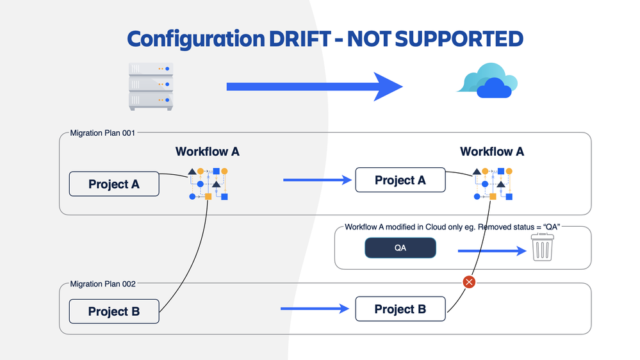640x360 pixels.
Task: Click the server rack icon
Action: pyautogui.click(x=151, y=86)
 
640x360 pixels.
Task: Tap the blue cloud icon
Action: pyautogui.click(x=488, y=81)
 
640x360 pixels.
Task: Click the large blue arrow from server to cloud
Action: pyautogui.click(x=314, y=86)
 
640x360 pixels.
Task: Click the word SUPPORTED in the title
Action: pyautogui.click(x=459, y=39)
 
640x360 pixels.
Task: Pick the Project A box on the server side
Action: pyautogui.click(x=114, y=184)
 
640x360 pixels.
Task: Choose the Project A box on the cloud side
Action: pyautogui.click(x=400, y=181)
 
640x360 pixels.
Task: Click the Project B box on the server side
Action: pyautogui.click(x=114, y=311)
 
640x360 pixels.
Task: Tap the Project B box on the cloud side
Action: pyautogui.click(x=400, y=309)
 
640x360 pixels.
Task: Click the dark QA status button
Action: pyautogui.click(x=400, y=248)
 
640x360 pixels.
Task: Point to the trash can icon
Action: pyautogui.click(x=542, y=247)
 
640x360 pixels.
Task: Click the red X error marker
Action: pyautogui.click(x=469, y=282)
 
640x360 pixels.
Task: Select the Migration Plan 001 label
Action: pyautogui.click(x=103, y=133)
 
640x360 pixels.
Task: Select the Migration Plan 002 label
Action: pyautogui.click(x=103, y=284)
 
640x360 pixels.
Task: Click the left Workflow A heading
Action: pyautogui.click(x=208, y=152)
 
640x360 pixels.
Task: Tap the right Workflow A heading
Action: pyautogui.click(x=492, y=152)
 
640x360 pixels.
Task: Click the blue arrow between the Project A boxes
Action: pyautogui.click(x=318, y=181)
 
